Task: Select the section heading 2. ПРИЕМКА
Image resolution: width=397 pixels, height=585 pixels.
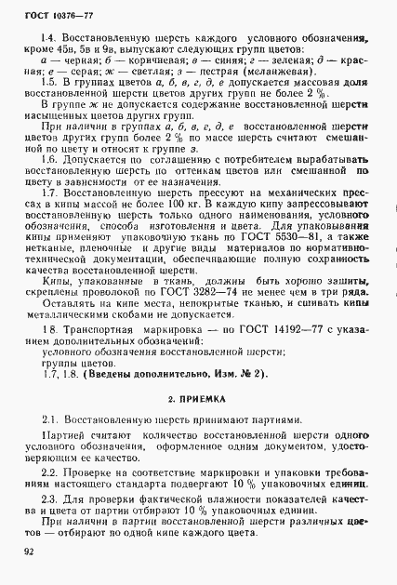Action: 198,397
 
